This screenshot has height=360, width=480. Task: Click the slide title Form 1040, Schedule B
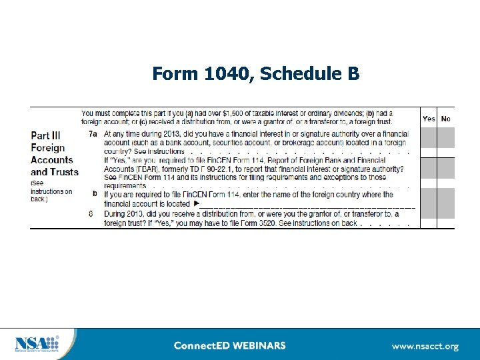256,73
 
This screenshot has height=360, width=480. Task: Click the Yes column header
429,119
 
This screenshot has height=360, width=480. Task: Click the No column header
446,119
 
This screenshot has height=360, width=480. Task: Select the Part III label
50,135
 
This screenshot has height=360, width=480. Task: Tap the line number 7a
93,134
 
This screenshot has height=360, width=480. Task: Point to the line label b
95,194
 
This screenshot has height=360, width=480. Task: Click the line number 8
91,213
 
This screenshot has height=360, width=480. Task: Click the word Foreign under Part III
48,147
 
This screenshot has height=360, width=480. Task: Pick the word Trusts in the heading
64,171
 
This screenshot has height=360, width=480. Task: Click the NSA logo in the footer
37,343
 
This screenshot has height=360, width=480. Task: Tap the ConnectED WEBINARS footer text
229,345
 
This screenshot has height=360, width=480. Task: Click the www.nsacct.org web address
425,346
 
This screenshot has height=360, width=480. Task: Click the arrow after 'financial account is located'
197,203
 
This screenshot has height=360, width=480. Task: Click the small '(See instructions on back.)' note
51,191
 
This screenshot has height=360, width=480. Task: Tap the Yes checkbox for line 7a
429,138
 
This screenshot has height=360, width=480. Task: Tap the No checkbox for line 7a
446,138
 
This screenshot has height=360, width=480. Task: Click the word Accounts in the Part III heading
51,159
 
